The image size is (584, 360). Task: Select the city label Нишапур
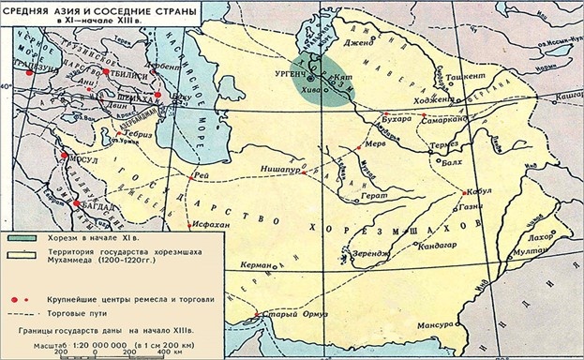[278, 172]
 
